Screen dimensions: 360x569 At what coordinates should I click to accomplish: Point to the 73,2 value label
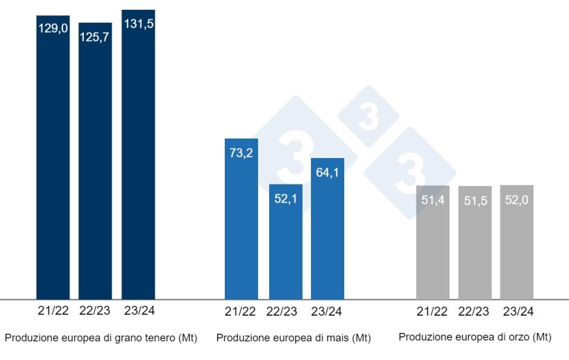coord(241,153)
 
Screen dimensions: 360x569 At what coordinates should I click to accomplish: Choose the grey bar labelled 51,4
coord(432,242)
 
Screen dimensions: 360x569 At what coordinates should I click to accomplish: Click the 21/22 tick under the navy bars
coord(53,310)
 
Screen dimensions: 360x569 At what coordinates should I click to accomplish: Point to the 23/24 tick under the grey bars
coord(517,311)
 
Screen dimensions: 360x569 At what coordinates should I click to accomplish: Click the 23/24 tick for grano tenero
coord(138,310)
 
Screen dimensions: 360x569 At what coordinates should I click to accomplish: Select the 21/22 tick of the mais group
coord(241,311)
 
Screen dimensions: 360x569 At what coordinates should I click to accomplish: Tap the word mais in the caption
coord(337,338)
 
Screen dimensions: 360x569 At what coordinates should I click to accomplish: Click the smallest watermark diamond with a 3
coord(368,116)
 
